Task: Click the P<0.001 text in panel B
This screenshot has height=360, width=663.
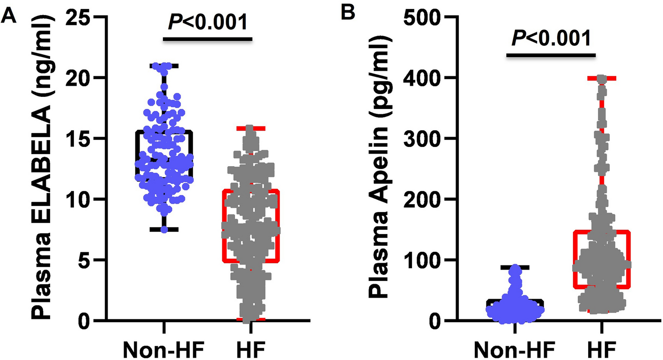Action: [551, 39]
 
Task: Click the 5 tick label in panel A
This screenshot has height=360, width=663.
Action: [86, 260]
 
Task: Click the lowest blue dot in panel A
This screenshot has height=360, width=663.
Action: [164, 229]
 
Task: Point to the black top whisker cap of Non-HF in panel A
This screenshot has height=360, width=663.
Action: [164, 66]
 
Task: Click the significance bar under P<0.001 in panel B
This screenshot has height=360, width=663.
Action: [551, 55]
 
